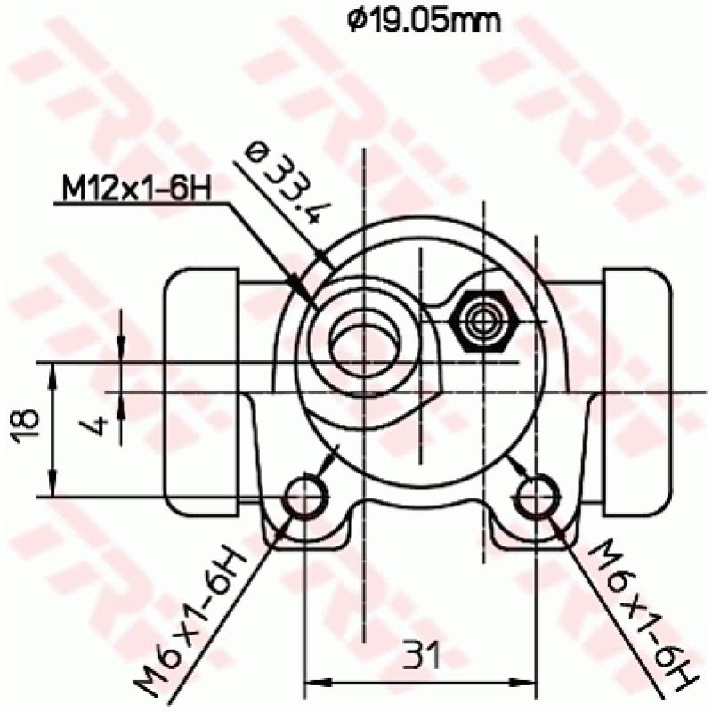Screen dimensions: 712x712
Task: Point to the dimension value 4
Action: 100,424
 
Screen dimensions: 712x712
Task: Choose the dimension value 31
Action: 422,656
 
